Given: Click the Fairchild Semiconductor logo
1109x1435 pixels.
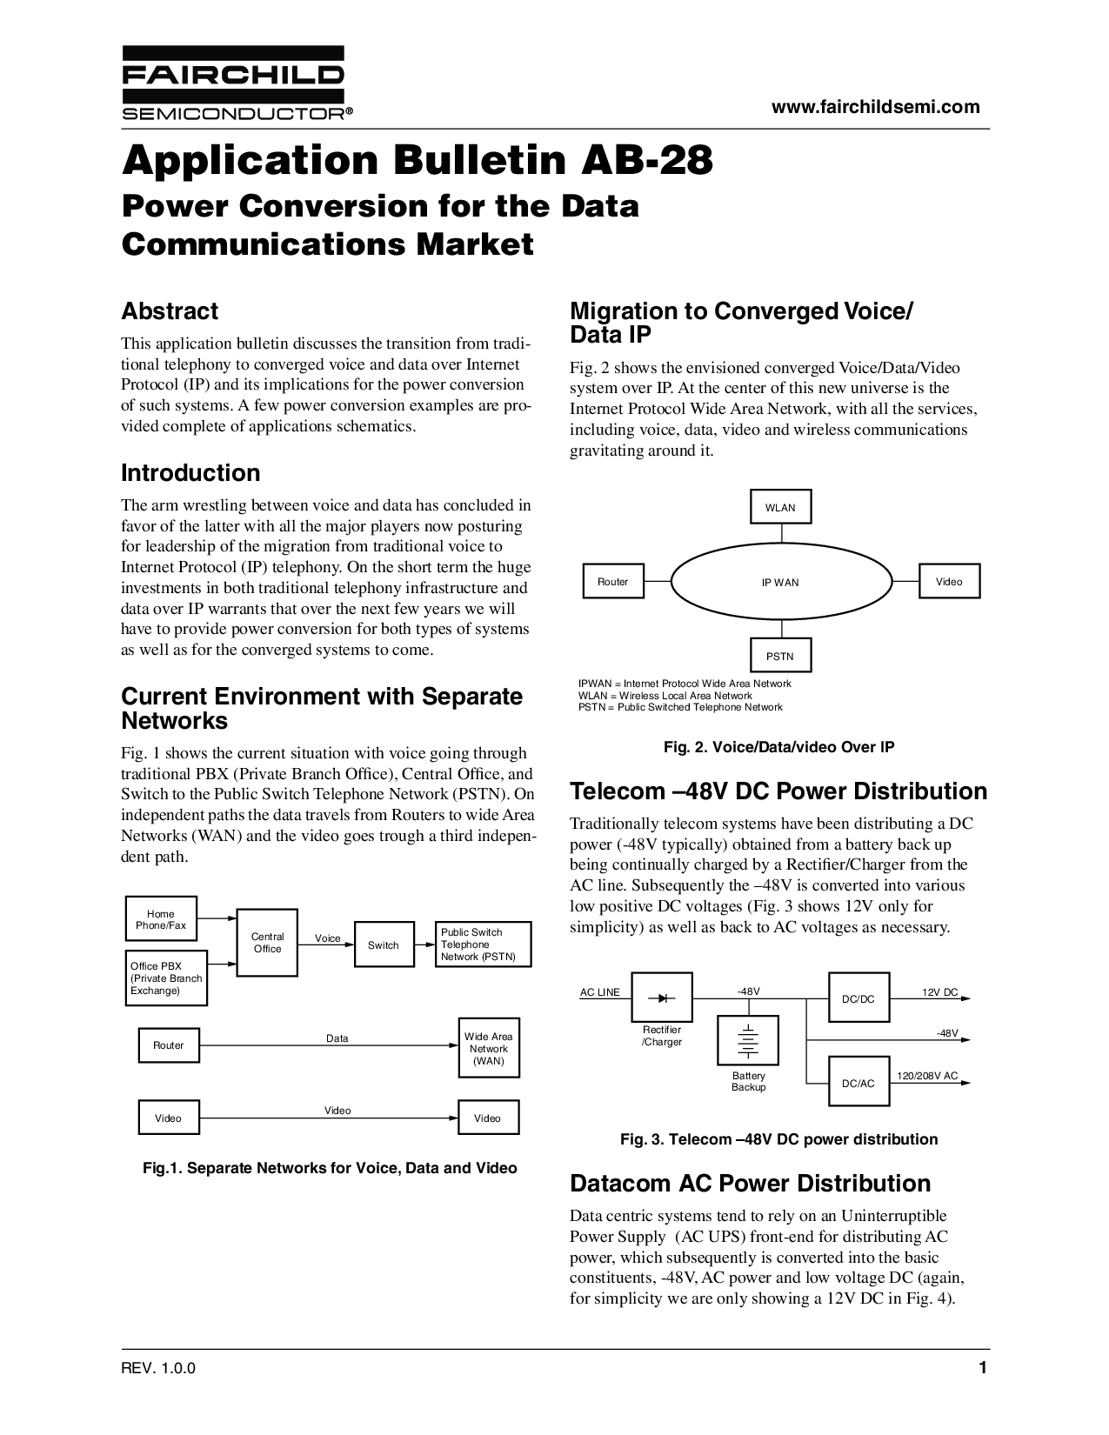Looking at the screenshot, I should click(232, 83).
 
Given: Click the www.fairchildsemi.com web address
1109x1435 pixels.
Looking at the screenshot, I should click(876, 107).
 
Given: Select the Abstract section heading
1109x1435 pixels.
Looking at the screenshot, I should click(170, 311).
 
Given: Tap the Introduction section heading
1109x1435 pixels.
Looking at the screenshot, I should click(190, 473).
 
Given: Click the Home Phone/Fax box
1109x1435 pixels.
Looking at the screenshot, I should click(161, 919).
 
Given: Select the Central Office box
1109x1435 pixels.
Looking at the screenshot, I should click(267, 943).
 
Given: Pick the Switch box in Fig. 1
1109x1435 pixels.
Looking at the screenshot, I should click(383, 944).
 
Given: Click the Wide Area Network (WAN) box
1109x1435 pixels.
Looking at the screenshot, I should click(488, 1048).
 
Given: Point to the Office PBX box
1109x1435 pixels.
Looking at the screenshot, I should click(166, 978).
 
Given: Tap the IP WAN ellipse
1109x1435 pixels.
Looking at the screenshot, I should click(780, 582).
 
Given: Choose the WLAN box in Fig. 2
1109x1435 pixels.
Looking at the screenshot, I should click(780, 507).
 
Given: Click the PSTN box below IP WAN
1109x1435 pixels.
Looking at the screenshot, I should click(780, 656).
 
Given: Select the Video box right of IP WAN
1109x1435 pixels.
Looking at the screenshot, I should click(949, 581).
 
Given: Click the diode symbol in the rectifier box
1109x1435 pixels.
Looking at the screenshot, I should click(667, 997).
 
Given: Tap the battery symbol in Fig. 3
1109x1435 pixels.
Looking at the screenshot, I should click(748, 1040).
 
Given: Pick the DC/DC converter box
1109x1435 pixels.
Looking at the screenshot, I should click(858, 998).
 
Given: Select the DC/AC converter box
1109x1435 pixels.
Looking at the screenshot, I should click(858, 1082).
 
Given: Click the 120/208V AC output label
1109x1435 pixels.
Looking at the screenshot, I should click(927, 1076).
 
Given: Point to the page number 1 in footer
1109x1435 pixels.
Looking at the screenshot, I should click(983, 1368).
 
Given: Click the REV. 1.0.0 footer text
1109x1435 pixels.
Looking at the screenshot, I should click(158, 1368).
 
